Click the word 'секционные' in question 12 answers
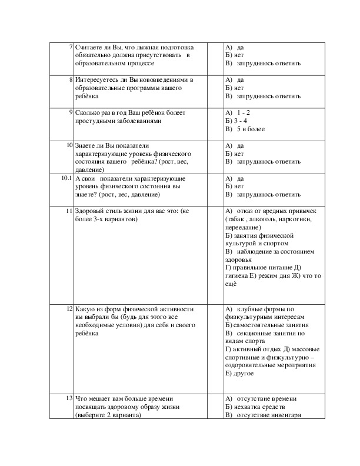257,332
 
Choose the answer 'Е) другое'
239,373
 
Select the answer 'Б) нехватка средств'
256,407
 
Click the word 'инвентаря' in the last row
285,415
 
